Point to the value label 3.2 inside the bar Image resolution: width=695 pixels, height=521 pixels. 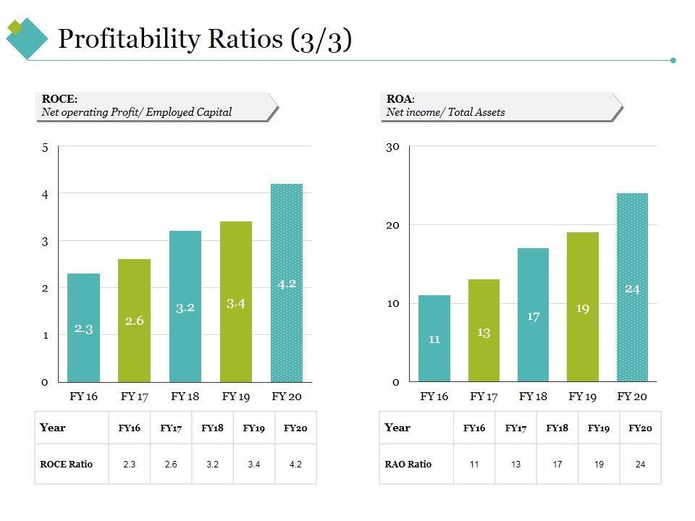(185, 308)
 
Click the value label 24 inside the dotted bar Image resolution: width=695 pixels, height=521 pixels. (632, 289)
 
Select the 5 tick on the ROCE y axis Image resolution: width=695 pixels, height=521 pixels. (45, 148)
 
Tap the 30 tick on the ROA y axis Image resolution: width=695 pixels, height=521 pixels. (392, 147)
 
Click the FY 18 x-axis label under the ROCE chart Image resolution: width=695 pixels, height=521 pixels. (185, 396)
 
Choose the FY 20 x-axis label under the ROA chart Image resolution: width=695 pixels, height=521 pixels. (632, 396)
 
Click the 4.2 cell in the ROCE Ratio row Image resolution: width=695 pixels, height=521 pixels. (295, 464)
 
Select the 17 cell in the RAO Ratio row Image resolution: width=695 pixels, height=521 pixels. (557, 464)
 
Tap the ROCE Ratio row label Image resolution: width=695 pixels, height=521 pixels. (67, 464)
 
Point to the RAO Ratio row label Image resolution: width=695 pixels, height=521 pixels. (408, 464)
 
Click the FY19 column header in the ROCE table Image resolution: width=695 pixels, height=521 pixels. (253, 428)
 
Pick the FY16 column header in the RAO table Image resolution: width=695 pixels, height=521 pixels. (474, 428)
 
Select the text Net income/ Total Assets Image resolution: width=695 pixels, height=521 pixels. (445, 112)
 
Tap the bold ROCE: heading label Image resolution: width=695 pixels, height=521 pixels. (59, 99)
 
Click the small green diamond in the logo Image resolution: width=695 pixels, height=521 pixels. (14, 28)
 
